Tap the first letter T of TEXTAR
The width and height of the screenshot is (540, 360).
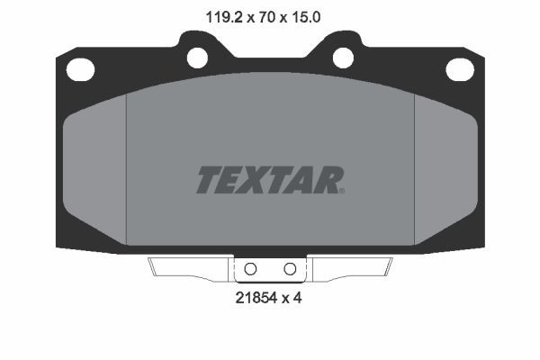[207, 180]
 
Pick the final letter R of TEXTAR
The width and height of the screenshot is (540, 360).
[327, 180]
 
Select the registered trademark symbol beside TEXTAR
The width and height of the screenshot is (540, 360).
[341, 190]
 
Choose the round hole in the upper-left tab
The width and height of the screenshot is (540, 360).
[197, 57]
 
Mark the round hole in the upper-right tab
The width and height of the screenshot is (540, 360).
[343, 57]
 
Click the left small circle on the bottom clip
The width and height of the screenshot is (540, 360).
[251, 268]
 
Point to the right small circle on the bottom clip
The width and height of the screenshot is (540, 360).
[290, 268]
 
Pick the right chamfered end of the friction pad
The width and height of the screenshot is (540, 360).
[444, 171]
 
